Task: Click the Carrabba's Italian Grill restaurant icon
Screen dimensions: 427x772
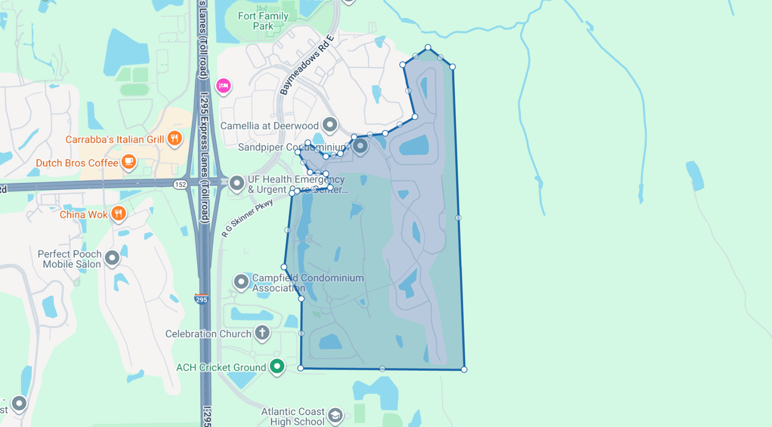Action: click(x=174, y=139)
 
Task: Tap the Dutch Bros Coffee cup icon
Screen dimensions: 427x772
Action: click(x=128, y=162)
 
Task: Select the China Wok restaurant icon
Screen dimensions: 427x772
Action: click(x=118, y=213)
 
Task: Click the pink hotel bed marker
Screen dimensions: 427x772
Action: click(x=223, y=86)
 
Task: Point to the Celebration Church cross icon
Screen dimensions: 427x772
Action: click(x=262, y=332)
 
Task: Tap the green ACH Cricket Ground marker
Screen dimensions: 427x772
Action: click(x=277, y=366)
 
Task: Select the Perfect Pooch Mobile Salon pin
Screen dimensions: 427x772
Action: click(x=112, y=258)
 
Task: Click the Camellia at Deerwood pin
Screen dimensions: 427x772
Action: click(x=329, y=125)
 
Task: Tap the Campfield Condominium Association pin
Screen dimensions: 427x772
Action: click(x=241, y=281)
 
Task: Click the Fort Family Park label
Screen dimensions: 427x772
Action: click(x=263, y=21)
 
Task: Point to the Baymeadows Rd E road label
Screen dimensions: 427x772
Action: click(x=306, y=65)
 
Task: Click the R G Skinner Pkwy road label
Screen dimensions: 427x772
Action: click(x=247, y=218)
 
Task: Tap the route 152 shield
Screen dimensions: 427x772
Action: click(x=180, y=185)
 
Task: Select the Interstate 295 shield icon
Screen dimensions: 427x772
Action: click(x=201, y=299)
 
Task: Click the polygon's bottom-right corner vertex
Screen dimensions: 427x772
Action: click(x=464, y=369)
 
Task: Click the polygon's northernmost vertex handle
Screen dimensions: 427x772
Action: click(x=428, y=47)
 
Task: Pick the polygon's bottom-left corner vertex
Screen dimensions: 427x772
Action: click(x=300, y=368)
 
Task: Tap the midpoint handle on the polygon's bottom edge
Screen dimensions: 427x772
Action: click(x=382, y=368)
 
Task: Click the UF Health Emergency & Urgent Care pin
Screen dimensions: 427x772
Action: click(x=237, y=183)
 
